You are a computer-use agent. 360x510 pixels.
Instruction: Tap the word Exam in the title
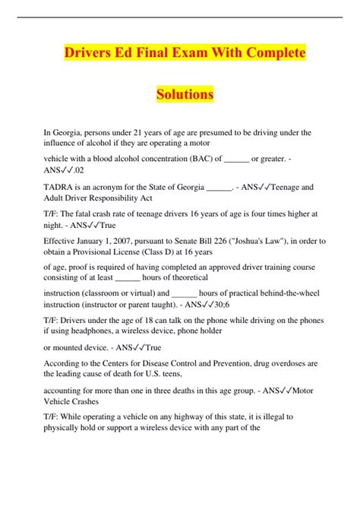point(192,55)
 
